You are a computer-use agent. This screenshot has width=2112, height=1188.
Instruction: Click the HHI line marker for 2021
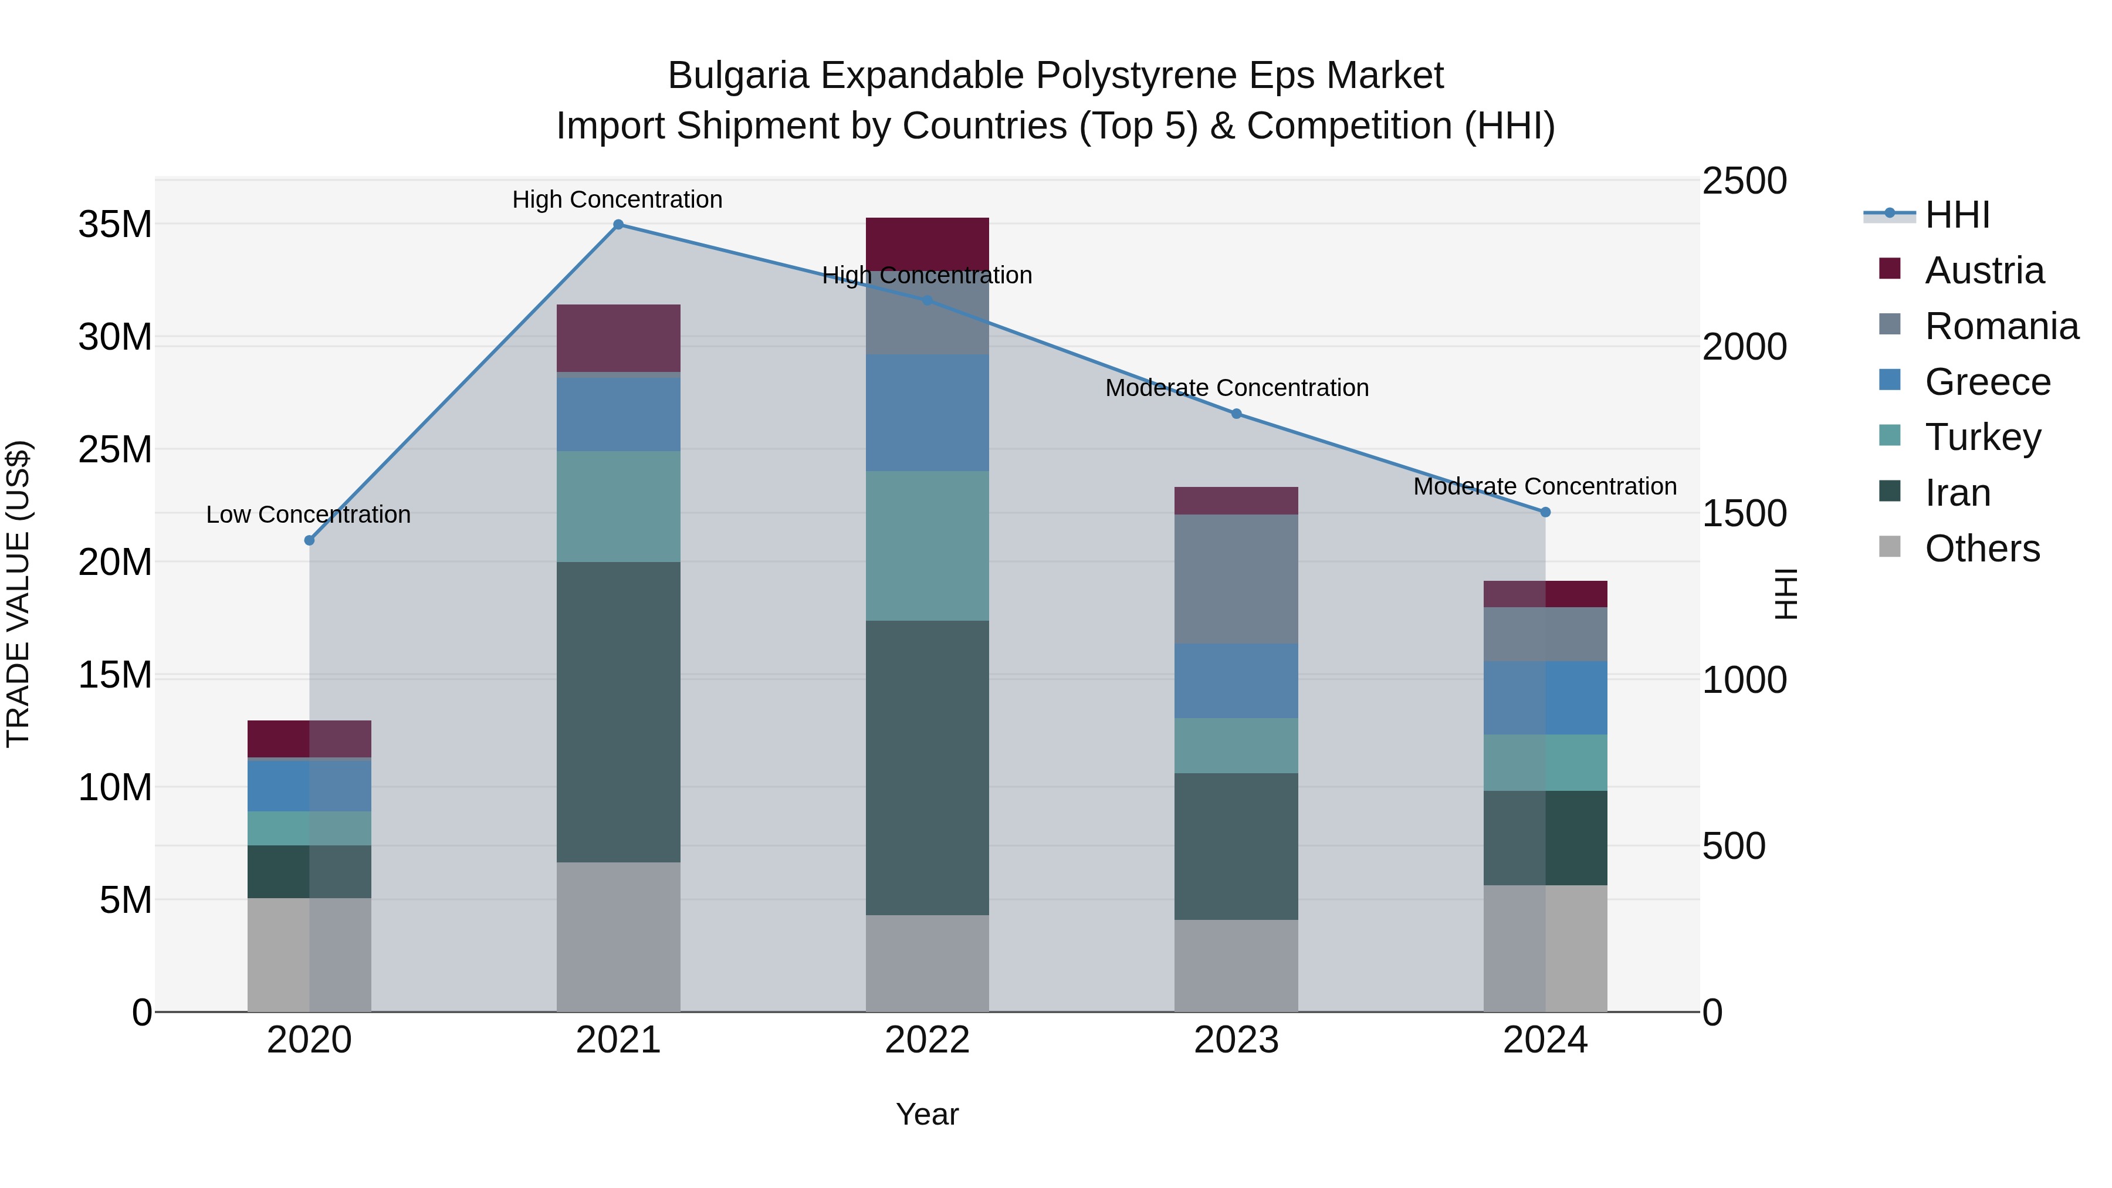(x=618, y=225)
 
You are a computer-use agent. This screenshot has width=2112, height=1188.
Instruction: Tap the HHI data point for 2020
(x=309, y=540)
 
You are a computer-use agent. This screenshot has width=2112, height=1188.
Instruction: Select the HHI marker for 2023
(x=1236, y=414)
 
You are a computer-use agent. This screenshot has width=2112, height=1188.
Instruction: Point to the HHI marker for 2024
(x=1545, y=512)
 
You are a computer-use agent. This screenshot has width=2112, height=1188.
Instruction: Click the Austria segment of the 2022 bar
(x=928, y=243)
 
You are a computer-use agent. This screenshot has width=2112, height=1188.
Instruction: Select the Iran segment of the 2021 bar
(x=618, y=712)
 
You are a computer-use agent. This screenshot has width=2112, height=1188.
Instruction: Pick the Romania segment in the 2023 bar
(x=1236, y=579)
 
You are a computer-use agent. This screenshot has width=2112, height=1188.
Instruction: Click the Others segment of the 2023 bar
(x=1236, y=965)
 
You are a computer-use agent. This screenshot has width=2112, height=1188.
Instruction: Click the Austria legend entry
(x=1984, y=270)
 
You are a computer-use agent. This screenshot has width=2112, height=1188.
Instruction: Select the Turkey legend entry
(x=1982, y=437)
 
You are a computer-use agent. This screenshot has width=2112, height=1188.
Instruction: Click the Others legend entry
(x=1982, y=549)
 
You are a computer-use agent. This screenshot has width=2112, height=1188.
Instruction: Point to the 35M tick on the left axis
(x=115, y=225)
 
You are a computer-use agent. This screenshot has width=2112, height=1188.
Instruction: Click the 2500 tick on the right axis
(x=1744, y=181)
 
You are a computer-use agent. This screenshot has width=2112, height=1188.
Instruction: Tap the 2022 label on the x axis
(x=928, y=1040)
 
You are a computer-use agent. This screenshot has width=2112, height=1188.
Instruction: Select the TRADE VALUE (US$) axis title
(x=18, y=594)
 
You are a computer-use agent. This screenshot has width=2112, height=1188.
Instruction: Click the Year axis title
(x=928, y=1114)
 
